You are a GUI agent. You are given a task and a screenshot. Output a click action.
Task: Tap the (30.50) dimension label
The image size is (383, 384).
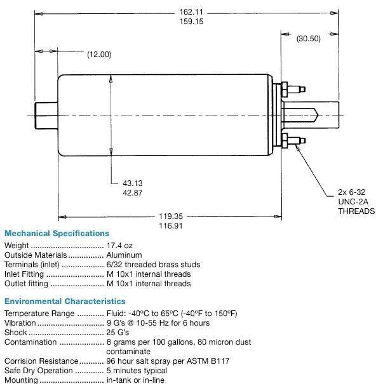coord(308,38)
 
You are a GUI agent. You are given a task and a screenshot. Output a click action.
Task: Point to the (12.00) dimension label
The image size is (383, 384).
coord(99,55)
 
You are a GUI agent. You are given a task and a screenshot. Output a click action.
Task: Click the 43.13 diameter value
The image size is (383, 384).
coord(133,183)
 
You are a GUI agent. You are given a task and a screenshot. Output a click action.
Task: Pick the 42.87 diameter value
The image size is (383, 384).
coord(133,193)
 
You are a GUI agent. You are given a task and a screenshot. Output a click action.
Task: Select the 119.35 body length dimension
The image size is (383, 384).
coord(171,216)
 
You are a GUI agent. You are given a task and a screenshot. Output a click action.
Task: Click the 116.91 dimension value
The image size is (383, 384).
coord(171,225)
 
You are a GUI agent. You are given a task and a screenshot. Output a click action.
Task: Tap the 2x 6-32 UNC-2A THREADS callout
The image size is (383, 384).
coord(356,201)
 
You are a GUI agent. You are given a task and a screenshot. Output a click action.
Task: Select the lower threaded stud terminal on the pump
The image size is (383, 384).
coord(293,139)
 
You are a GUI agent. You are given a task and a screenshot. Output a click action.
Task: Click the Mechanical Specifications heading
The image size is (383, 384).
coord(57,234)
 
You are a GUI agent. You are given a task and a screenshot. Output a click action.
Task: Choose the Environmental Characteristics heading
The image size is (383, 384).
coord(65,301)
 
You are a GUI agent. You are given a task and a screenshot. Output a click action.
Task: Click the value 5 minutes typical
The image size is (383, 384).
coord(137,371)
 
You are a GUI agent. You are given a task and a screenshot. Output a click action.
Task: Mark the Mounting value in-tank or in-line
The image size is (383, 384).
coord(135,380)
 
